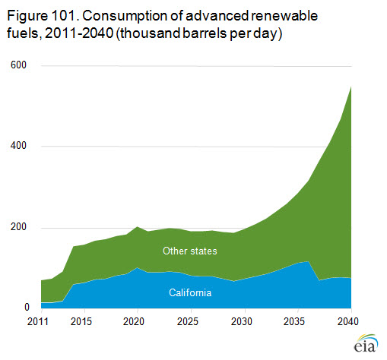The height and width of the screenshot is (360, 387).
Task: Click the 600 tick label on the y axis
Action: tap(18, 65)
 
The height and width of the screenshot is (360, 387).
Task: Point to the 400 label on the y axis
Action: tap(18, 146)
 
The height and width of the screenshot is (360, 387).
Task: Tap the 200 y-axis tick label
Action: tap(18, 226)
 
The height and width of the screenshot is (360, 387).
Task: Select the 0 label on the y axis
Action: tap(27, 307)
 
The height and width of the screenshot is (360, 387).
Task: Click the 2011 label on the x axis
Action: tap(38, 321)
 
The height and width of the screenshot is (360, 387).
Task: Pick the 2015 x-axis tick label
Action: tap(81, 321)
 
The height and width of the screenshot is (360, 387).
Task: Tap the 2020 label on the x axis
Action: tap(134, 321)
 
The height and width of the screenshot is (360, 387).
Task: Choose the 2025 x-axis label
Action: tap(188, 321)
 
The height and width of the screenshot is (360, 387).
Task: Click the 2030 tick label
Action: tap(242, 321)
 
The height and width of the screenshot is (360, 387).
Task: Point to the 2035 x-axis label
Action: tap(294, 321)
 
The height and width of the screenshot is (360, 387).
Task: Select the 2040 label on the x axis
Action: tap(348, 321)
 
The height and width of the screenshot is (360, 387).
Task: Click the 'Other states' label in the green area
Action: tap(190, 251)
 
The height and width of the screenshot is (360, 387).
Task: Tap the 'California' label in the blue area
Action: tap(190, 292)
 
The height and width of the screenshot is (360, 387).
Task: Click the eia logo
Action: tap(366, 343)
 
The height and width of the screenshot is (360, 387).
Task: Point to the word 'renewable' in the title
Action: tap(284, 16)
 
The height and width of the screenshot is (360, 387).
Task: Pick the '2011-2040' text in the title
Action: tap(79, 33)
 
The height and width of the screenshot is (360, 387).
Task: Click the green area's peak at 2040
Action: tap(351, 87)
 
